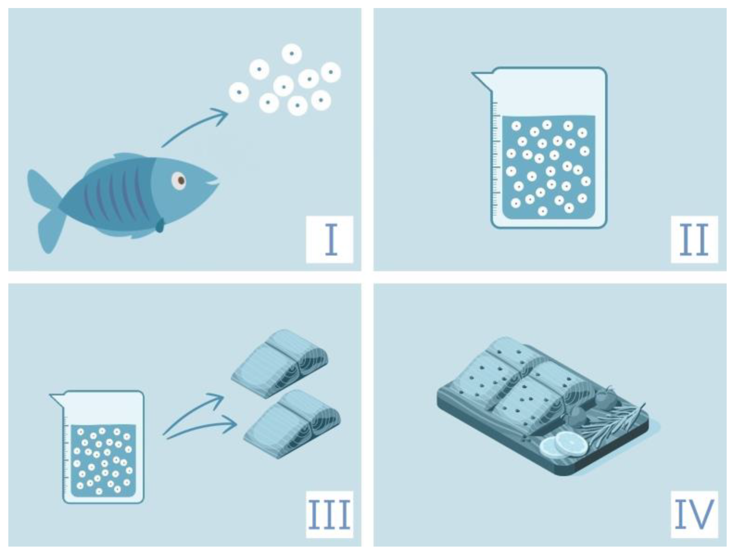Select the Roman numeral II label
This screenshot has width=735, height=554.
[x=694, y=240]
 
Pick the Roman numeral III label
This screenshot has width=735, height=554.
[x=329, y=514]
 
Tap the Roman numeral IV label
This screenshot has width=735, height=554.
[x=694, y=514]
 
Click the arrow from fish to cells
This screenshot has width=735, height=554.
[x=194, y=125]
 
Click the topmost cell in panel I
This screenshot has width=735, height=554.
[x=292, y=53]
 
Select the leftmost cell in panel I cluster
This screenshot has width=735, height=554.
[x=239, y=92]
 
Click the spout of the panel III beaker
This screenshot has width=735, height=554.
[x=57, y=399]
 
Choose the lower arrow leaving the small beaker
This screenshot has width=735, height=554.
[x=201, y=428]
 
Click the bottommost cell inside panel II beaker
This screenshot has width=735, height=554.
[x=542, y=211]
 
